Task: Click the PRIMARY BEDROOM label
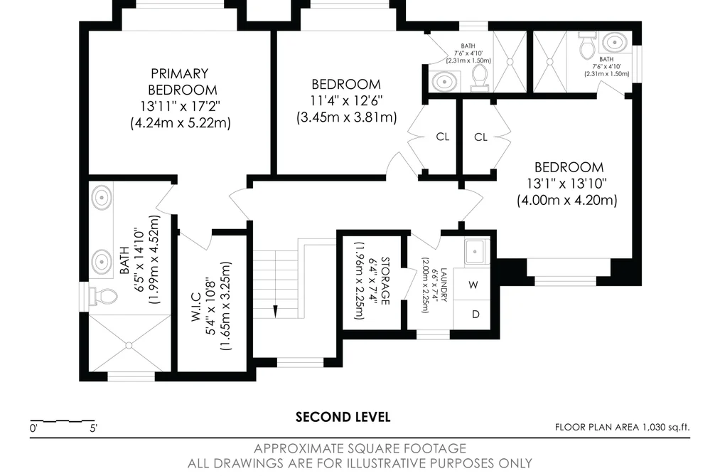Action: click(x=180, y=82)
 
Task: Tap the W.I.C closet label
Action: click(x=196, y=307)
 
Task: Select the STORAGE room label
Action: click(x=385, y=281)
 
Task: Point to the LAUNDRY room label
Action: click(x=444, y=285)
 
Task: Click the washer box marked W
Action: click(x=473, y=285)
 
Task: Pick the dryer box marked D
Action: click(x=475, y=314)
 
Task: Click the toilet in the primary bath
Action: click(x=103, y=297)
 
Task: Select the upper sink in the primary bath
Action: click(x=101, y=198)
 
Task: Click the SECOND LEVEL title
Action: click(x=343, y=417)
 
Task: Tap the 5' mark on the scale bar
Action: click(x=94, y=428)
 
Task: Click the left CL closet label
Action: click(x=443, y=137)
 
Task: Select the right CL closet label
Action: click(x=480, y=137)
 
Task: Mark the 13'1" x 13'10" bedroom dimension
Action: click(x=566, y=184)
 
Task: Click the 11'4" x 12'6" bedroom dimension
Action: click(x=346, y=100)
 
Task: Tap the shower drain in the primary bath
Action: click(x=129, y=345)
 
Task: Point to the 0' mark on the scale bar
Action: click(x=33, y=428)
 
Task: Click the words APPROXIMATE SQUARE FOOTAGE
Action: click(x=360, y=448)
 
